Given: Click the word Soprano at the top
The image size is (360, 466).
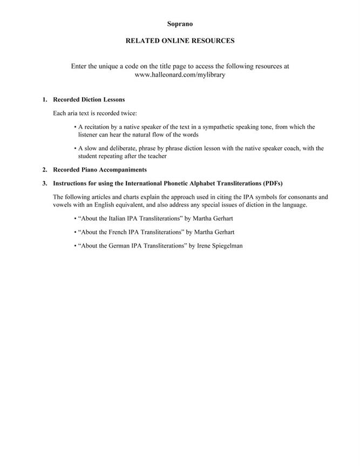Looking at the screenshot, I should (180, 24).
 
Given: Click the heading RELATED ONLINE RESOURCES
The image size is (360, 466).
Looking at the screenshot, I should (180, 40).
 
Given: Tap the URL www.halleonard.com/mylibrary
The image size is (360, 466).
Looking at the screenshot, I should (180, 75).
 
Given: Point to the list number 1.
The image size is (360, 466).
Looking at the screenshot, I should (45, 100).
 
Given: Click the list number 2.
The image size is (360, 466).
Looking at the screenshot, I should (45, 170).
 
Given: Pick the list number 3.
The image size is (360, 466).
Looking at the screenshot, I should (45, 183).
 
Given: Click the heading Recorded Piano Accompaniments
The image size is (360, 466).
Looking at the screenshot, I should (100, 170).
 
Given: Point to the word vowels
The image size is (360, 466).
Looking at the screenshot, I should (62, 205).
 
